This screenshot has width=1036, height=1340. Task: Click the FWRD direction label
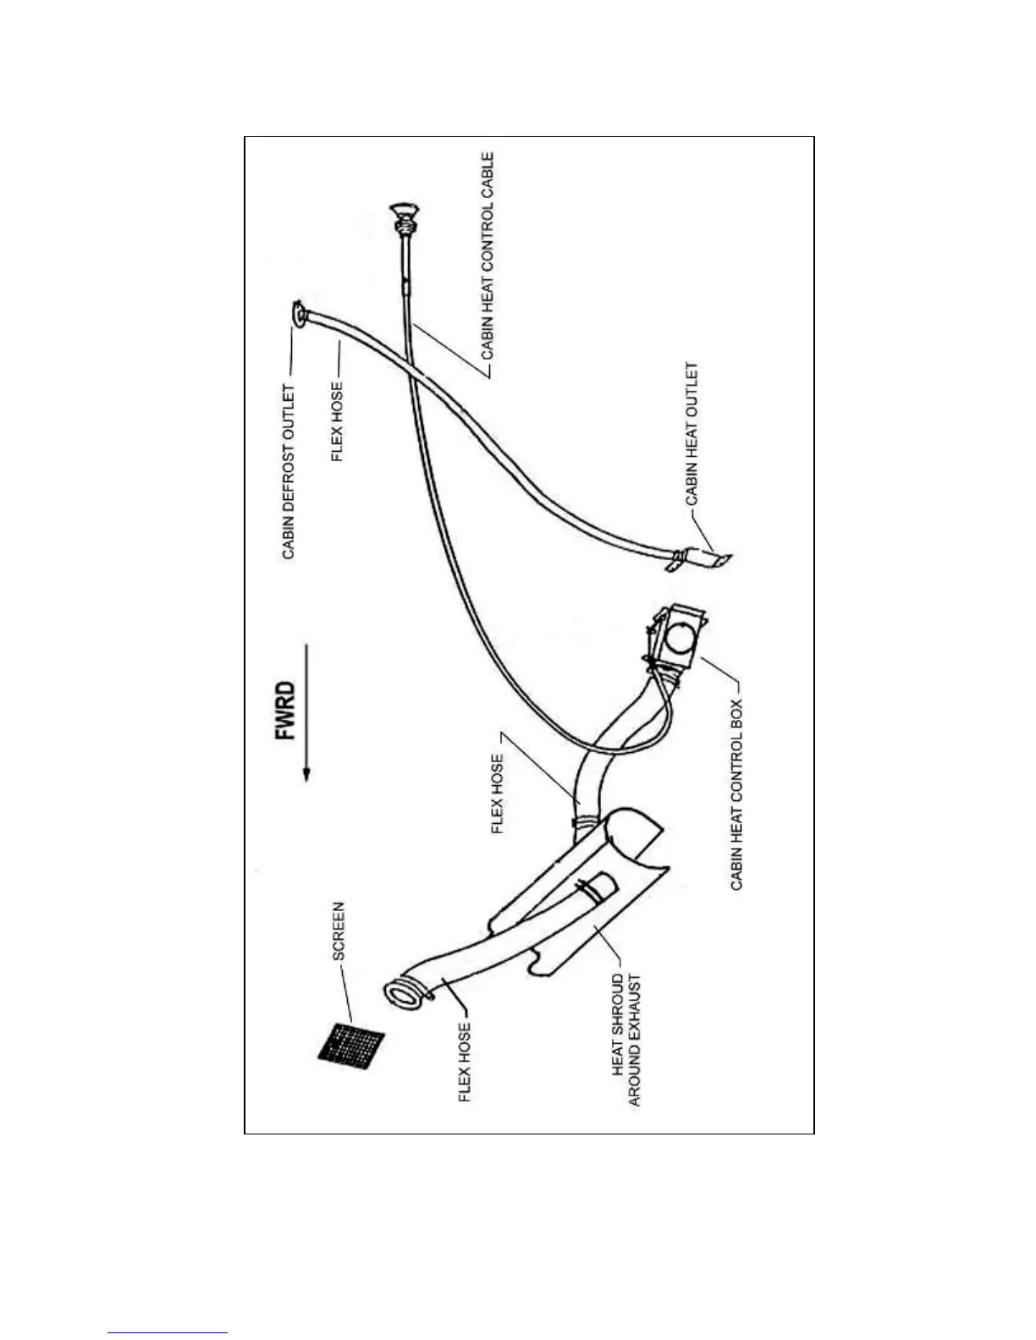point(287,711)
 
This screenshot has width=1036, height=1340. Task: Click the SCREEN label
point(339,931)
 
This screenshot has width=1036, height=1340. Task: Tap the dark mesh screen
point(350,1043)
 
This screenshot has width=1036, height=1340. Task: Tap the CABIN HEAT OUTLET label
point(692,434)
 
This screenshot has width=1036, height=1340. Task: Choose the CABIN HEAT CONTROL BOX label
point(737,794)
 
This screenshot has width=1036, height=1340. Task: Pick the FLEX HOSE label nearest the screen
point(465,1063)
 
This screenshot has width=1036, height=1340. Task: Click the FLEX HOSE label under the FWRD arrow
point(498,794)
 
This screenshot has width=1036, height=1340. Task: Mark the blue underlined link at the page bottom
point(168,1332)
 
